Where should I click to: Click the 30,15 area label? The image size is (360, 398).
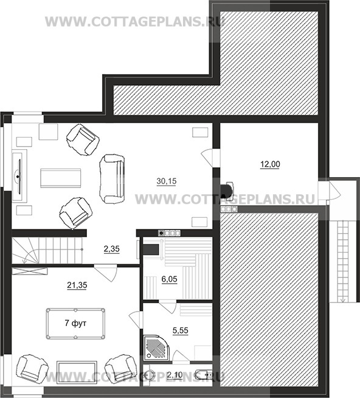point(167,181)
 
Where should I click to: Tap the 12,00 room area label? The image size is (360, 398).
point(270,164)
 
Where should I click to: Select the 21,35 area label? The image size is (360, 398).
point(77,285)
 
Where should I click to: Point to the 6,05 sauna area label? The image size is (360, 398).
point(169,279)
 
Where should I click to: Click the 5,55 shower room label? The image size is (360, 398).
point(181,330)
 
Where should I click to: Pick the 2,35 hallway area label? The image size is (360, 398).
point(112,249)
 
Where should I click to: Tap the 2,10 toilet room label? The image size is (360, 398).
point(175,375)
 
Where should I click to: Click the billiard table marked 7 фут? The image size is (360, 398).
point(75,324)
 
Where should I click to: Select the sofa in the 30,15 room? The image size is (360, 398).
point(112,179)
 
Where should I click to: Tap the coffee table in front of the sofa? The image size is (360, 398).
point(61,178)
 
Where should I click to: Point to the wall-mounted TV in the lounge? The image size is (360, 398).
point(19,176)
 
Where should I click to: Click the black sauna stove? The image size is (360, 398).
point(151,250)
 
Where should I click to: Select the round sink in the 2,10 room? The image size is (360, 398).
point(150,375)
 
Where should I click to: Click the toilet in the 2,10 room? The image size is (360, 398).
point(204,375)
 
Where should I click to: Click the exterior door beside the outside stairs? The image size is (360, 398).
point(334,190)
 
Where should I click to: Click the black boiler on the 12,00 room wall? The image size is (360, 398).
point(226,189)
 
